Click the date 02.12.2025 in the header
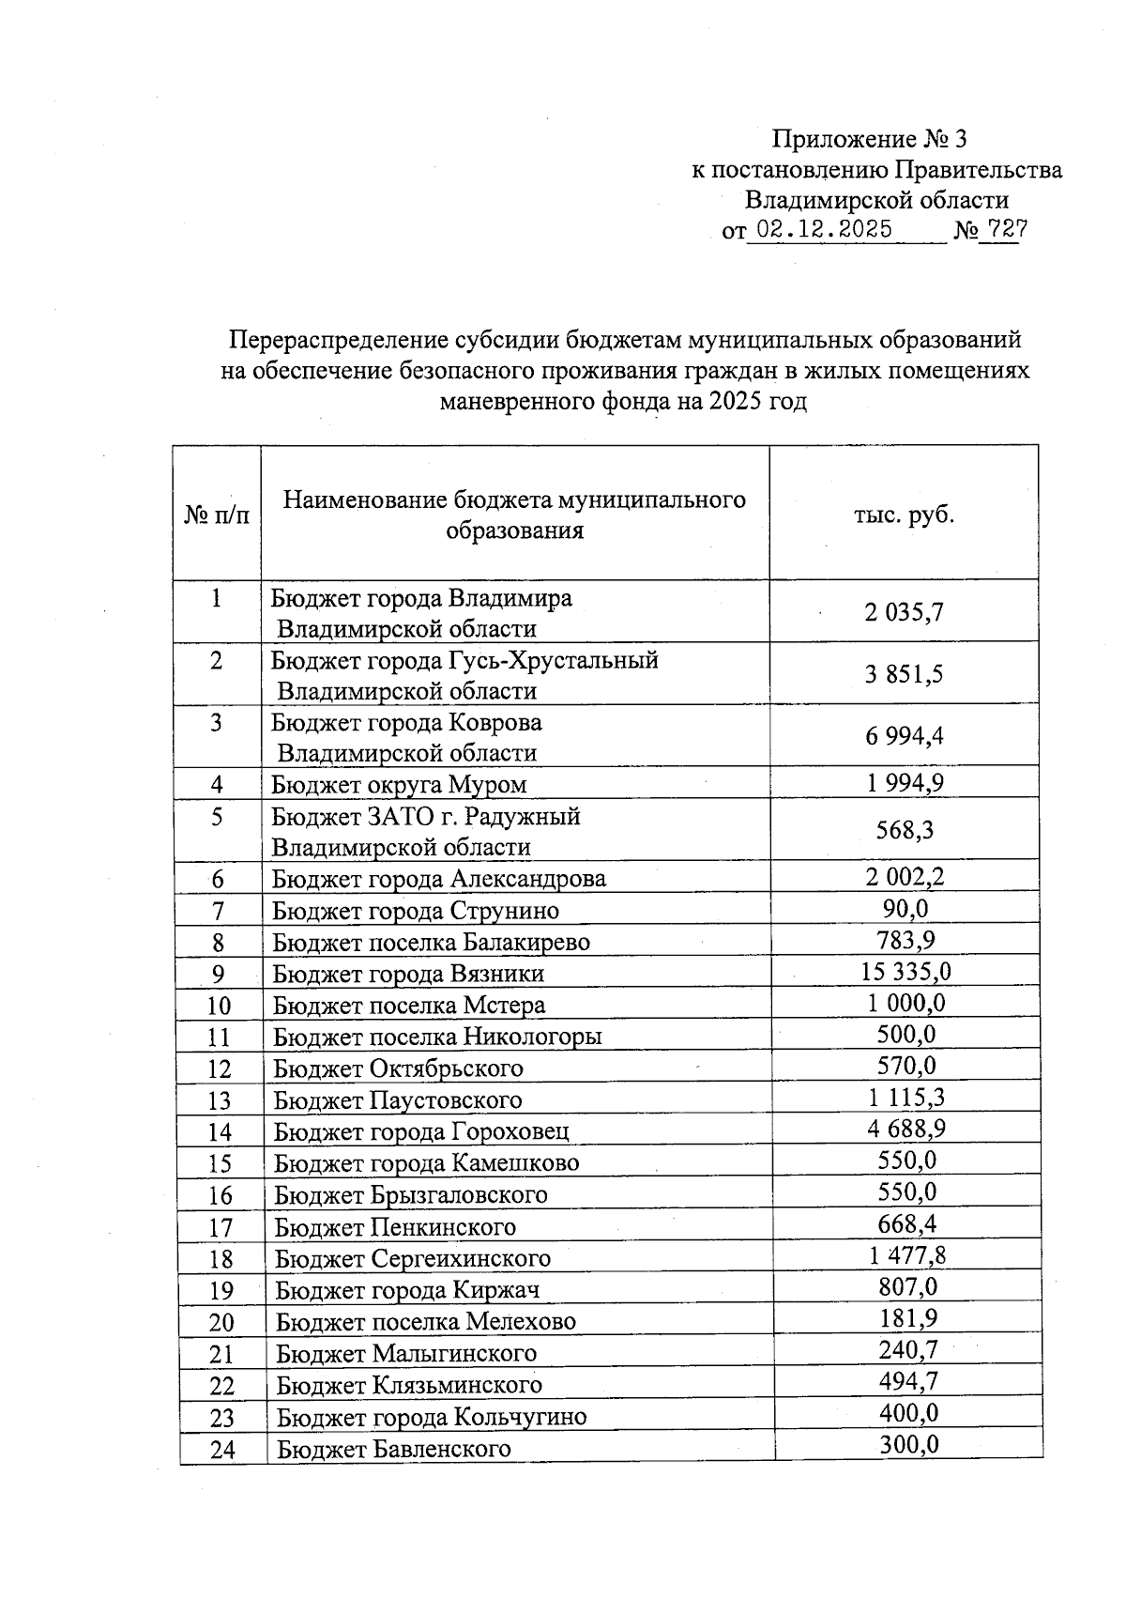pyautogui.click(x=825, y=230)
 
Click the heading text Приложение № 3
pyautogui.click(x=869, y=140)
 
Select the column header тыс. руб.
pyautogui.click(x=904, y=515)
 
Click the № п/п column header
pyautogui.click(x=217, y=515)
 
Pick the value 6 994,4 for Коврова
pyautogui.click(x=905, y=736)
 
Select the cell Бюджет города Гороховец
pyautogui.click(x=421, y=1131)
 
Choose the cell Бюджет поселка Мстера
pyautogui.click(x=409, y=1005)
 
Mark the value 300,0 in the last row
pyautogui.click(x=908, y=1445)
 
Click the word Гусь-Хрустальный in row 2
pyautogui.click(x=549, y=660)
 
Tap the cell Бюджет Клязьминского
pyautogui.click(x=409, y=1384)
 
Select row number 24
pyautogui.click(x=222, y=1450)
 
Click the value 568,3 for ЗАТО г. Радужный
pyautogui.click(x=905, y=830)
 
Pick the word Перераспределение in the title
pyautogui.click(x=338, y=339)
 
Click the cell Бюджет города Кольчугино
pyautogui.click(x=431, y=1416)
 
